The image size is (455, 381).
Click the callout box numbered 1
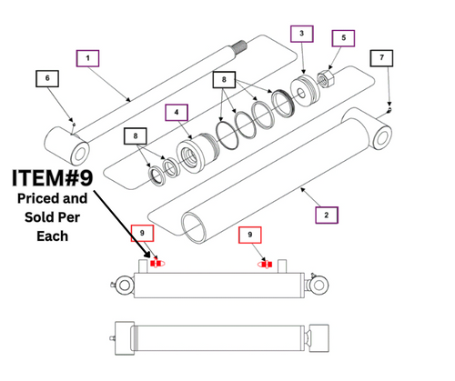(88, 58)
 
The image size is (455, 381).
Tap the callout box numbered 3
(301, 34)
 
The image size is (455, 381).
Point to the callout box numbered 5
(342, 38)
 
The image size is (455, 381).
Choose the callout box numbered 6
(46, 78)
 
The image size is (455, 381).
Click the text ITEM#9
(52, 175)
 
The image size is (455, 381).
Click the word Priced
(36, 197)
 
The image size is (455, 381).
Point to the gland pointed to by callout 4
(194, 150)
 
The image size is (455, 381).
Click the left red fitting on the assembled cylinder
(157, 264)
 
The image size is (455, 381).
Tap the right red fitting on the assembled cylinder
(265, 264)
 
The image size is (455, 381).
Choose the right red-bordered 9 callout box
(247, 236)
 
